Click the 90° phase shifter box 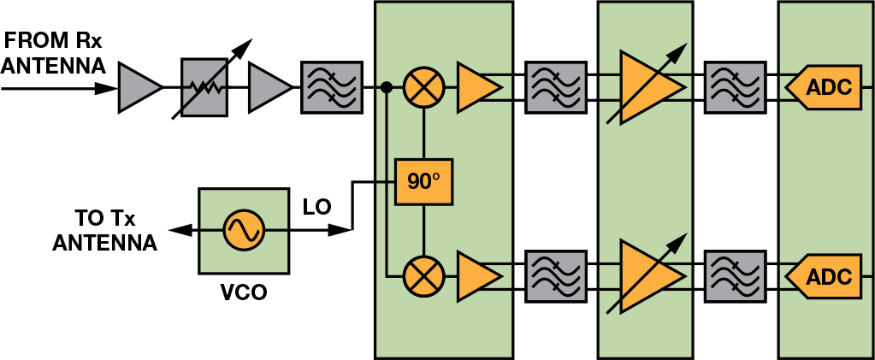tap(423, 181)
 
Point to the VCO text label tap(243, 293)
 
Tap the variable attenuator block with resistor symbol tap(204, 86)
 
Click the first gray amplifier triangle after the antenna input tap(139, 86)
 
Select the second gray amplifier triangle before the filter tap(268, 86)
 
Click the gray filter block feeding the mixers tap(332, 86)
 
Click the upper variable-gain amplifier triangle tap(647, 86)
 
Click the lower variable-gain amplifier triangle tap(647, 276)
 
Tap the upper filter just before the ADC tap(733, 86)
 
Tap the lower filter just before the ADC tap(733, 276)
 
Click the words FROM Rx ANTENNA tap(53, 52)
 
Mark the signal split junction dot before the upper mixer tap(387, 86)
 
